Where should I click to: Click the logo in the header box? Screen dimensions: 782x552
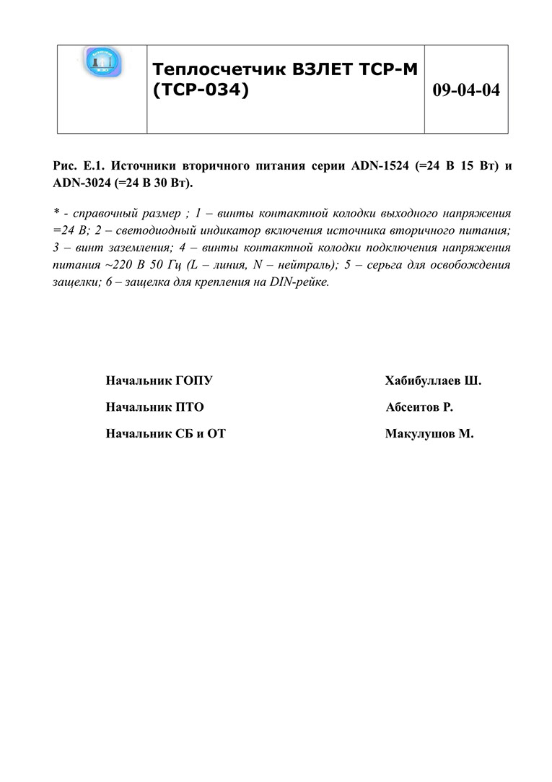click(x=102, y=62)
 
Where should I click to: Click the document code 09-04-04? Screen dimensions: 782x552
click(x=466, y=91)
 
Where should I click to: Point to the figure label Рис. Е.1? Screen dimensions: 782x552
click(x=78, y=166)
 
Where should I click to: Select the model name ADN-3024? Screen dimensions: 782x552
click(x=81, y=183)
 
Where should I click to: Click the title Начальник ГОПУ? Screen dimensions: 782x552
click(x=159, y=380)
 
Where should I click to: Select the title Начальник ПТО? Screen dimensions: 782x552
click(x=154, y=407)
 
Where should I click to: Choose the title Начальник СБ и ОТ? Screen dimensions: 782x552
click(x=165, y=435)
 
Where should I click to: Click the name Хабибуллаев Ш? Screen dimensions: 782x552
click(x=433, y=380)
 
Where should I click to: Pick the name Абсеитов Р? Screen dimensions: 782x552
click(x=419, y=407)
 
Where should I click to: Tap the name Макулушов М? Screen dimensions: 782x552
click(x=429, y=435)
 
